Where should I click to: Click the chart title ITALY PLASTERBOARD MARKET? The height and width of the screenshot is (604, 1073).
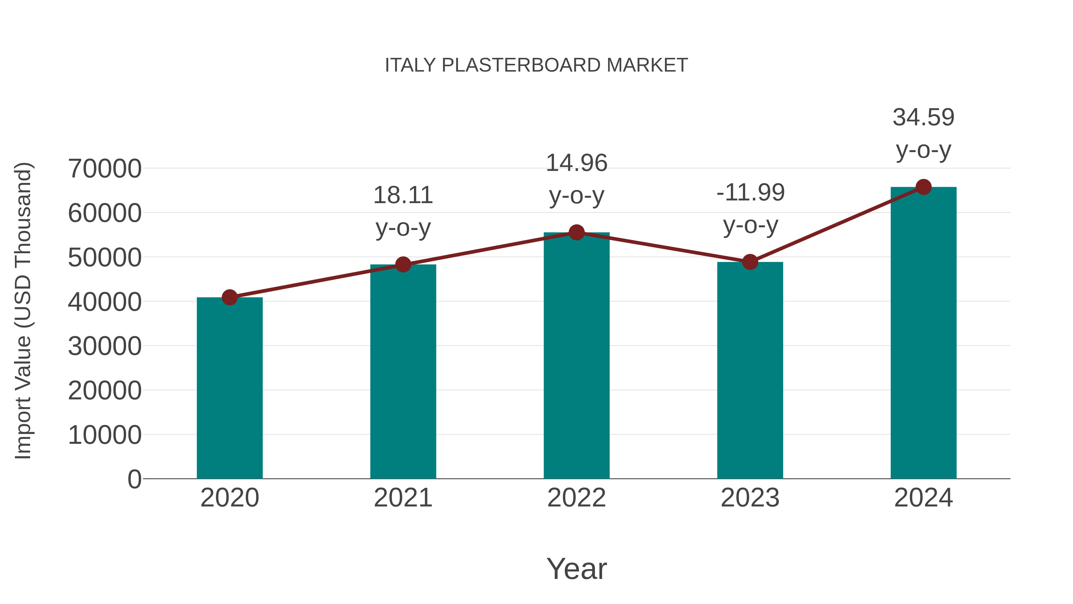(536, 65)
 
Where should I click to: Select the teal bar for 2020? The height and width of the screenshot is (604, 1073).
(230, 388)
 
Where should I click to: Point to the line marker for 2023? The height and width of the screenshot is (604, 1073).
(750, 262)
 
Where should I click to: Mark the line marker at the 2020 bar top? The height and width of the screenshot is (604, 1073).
(230, 297)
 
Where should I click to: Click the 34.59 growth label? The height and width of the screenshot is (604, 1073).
(923, 118)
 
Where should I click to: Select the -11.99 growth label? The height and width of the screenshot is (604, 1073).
(750, 193)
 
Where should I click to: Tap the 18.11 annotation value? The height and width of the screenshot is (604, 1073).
(403, 195)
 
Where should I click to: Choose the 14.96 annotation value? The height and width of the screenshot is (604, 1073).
(576, 163)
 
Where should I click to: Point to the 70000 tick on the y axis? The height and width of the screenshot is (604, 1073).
(105, 169)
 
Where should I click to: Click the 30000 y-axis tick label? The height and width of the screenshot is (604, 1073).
(105, 346)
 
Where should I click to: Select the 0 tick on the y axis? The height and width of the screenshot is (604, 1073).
(134, 479)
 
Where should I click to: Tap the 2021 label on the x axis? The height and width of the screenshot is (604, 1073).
(403, 498)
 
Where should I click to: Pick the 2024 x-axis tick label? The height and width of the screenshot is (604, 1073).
(923, 498)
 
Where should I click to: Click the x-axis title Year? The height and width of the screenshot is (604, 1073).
(576, 569)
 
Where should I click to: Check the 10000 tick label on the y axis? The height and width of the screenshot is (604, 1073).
(105, 435)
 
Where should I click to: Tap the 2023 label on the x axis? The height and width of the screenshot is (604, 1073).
(750, 498)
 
